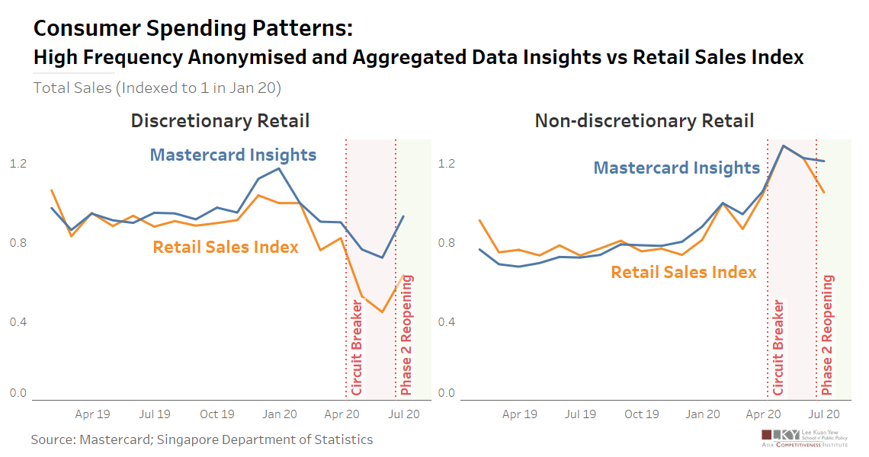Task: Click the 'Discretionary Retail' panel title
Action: click(x=220, y=120)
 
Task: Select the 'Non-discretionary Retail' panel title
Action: click(x=644, y=120)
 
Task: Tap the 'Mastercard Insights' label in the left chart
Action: click(x=232, y=155)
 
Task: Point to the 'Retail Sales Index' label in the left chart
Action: click(x=226, y=247)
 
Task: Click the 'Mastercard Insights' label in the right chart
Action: click(x=677, y=168)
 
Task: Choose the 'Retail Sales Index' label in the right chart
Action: click(x=684, y=272)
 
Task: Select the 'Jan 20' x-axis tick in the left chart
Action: click(x=280, y=414)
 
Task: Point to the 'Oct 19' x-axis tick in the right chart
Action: click(x=641, y=414)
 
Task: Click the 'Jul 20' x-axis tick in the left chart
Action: click(x=403, y=414)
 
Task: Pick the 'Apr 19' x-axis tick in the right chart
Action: click(x=520, y=414)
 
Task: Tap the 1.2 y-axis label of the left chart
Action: click(x=18, y=164)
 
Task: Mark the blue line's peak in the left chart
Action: click(x=279, y=168)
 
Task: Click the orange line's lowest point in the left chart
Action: click(x=383, y=312)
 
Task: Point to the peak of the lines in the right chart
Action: click(x=783, y=145)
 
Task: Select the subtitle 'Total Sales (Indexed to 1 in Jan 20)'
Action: click(x=157, y=88)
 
